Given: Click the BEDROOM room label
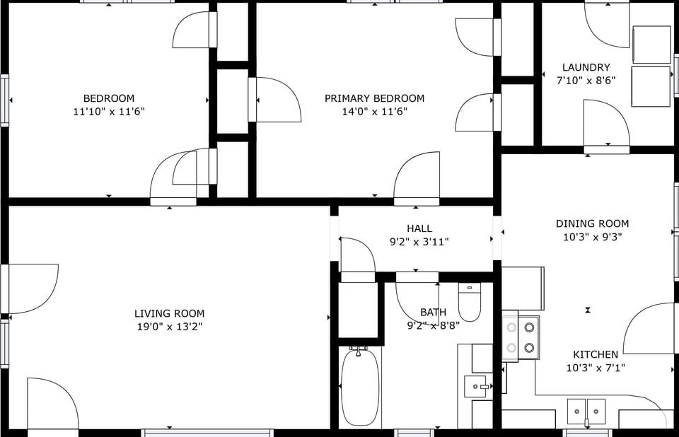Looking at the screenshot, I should coord(108,98).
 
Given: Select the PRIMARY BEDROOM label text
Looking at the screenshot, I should coord(374,98).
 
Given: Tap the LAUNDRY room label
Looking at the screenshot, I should coord(586,67).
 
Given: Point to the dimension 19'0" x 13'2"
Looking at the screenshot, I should coord(169,327).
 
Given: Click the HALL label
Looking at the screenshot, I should coord(419,228).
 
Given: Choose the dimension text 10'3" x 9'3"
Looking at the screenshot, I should coord(592,237).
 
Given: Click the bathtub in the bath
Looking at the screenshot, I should coord(360,387).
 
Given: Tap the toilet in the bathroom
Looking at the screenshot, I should coord(469,302).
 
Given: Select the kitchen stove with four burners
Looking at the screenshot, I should coord(520,337).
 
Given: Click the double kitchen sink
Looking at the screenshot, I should coord(586,410).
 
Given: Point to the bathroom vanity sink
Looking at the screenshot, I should coord(478,387).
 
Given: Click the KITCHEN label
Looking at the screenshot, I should coord(595,354).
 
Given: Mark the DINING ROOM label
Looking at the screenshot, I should coord(592,223).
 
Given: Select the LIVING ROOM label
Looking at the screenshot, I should coord(169,313).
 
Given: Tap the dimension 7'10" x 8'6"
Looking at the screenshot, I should coord(586,81).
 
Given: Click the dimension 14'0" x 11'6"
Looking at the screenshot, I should coord(374,112).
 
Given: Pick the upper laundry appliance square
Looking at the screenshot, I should coord(651,45).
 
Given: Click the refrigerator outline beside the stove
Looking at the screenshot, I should coord(523,288).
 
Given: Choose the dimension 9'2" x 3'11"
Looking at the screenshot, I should coord(419,242).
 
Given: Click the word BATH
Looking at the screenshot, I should coord(433,312).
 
